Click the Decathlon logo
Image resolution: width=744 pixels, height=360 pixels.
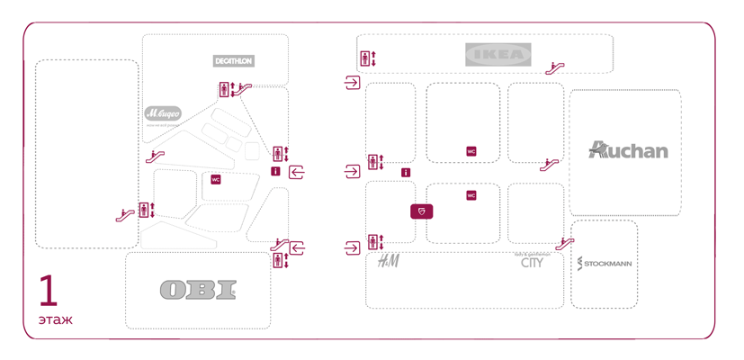pos(234,61)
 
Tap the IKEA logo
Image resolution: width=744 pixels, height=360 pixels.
pos(497,54)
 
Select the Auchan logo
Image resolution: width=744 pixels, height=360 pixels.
pos(628,149)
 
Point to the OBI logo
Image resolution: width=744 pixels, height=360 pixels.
pos(198,289)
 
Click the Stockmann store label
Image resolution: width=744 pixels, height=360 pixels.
pos(604,264)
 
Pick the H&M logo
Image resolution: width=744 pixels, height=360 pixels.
pos(388,261)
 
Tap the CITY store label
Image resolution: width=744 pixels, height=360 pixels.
pos(532,262)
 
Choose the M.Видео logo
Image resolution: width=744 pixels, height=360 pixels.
pos(163,113)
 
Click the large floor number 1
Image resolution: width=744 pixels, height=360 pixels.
pos(49,292)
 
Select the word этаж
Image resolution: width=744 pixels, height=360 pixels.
pos(55,319)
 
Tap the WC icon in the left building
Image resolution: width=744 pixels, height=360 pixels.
pos(216,179)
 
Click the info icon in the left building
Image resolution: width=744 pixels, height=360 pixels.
pos(275,171)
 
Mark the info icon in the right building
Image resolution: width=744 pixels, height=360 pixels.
pos(406,172)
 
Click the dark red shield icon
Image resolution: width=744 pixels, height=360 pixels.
pos(422,211)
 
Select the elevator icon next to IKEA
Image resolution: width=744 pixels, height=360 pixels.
pos(365,58)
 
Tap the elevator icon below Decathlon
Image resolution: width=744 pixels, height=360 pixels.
pos(224,88)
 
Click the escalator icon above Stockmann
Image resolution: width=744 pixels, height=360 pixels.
pos(565,242)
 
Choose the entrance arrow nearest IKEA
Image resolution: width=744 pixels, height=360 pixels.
pos(352,84)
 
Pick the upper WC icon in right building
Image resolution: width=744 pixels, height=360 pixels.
pos(471,151)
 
